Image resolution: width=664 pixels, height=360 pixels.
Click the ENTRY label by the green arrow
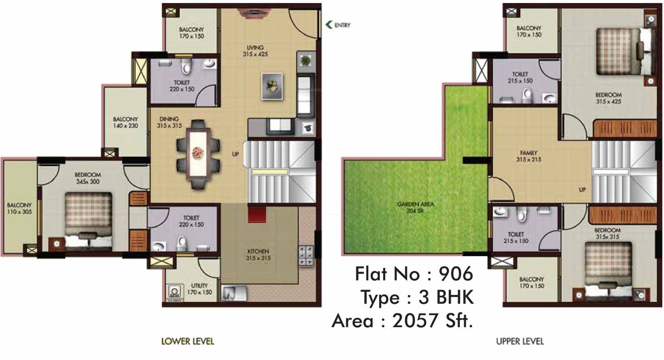(x=342, y=25)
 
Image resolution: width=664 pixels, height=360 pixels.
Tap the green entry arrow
(x=329, y=25)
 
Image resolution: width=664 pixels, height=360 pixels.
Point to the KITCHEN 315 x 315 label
(x=259, y=255)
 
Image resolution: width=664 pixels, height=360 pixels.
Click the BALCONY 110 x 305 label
(x=19, y=208)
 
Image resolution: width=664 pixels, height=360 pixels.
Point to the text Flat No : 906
(x=414, y=273)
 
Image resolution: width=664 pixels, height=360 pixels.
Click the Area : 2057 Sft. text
(x=402, y=321)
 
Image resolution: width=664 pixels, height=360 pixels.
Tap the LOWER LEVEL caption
(x=188, y=342)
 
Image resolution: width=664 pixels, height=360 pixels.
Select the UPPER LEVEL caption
(x=519, y=342)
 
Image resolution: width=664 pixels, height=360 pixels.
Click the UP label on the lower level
(x=236, y=154)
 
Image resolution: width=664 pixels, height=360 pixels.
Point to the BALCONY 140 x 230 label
(x=125, y=122)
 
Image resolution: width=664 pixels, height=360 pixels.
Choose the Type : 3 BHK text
(x=416, y=297)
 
